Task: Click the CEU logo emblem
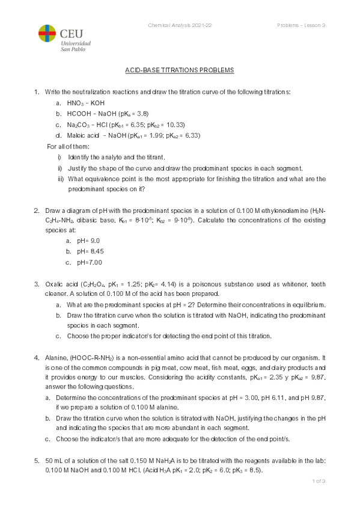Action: [x=47, y=35]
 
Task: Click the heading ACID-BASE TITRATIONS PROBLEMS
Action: [x=179, y=70]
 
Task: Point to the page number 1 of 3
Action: [x=318, y=481]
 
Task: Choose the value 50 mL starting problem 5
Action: [x=54, y=460]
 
